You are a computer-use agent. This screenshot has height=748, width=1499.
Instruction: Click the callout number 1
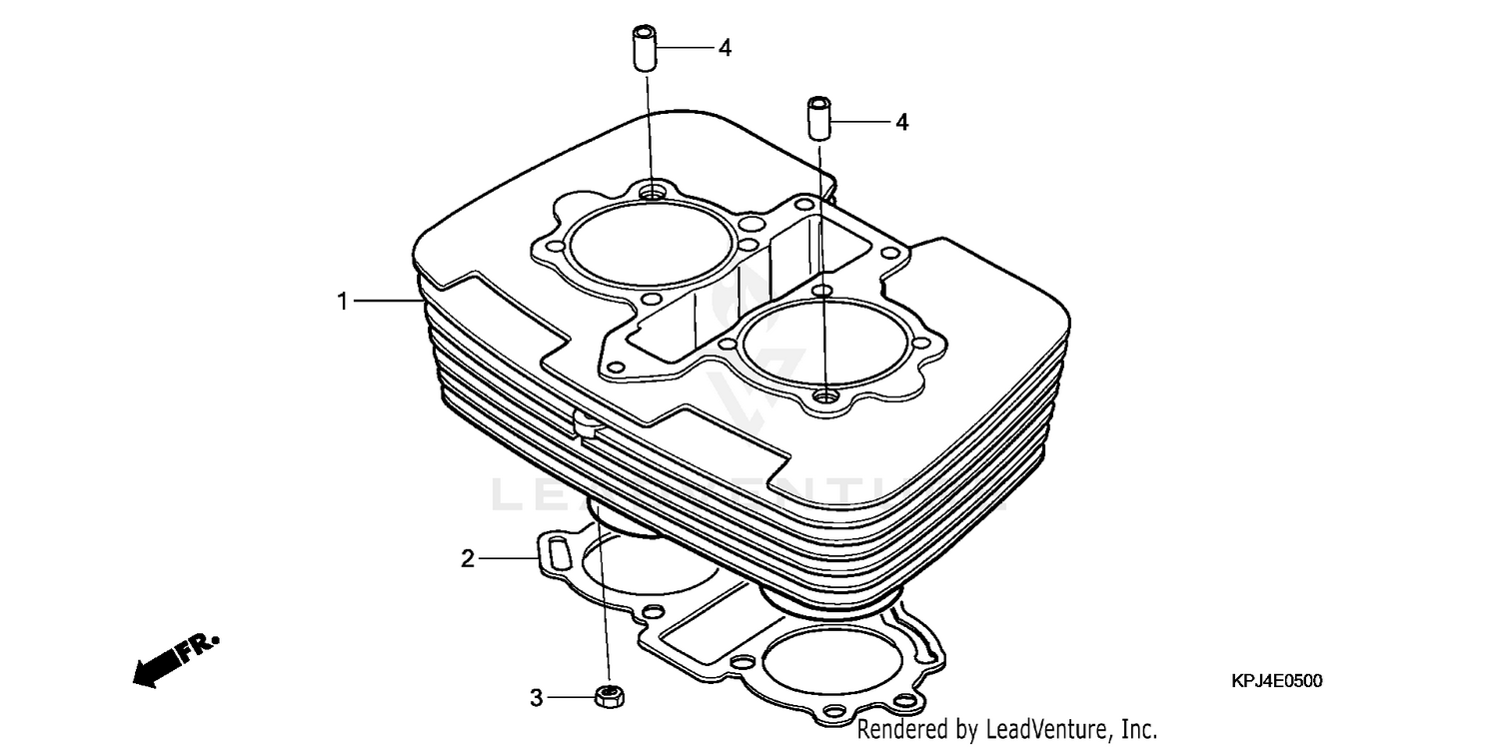[343, 301]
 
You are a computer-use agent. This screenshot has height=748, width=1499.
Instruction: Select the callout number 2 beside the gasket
[467, 559]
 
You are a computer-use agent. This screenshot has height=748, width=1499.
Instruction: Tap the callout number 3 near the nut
[536, 697]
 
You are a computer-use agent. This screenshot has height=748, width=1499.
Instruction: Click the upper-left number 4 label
[725, 47]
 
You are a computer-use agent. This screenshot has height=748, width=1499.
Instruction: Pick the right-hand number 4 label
[901, 122]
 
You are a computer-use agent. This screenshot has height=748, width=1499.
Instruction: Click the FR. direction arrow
[176, 659]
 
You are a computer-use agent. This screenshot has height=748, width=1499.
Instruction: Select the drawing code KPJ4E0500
[1276, 681]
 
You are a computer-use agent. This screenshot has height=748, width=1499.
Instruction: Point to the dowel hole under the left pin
[654, 190]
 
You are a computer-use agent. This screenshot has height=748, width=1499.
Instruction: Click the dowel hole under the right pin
[825, 396]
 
